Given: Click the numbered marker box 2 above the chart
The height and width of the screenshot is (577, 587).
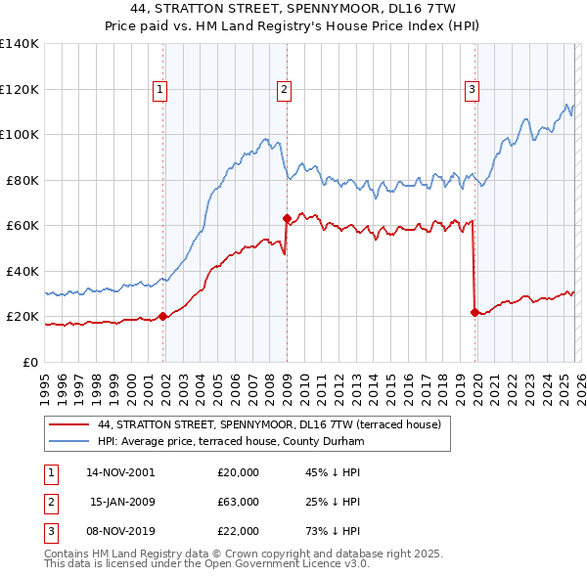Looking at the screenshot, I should click(284, 90).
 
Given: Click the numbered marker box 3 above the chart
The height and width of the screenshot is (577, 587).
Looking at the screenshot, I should click(472, 90).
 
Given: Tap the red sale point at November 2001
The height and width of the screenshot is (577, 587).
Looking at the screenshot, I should click(163, 316).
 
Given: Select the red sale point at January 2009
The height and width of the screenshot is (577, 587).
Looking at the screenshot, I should click(287, 219).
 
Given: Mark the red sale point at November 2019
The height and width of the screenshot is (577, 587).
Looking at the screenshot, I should click(474, 312).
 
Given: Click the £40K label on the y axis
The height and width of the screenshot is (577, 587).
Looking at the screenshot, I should click(22, 271).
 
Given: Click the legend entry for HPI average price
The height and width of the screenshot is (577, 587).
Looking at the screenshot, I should click(230, 441).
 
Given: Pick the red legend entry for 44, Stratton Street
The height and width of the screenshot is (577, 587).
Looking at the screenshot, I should click(269, 424).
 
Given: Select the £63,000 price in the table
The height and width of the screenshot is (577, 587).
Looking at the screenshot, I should click(238, 502).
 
